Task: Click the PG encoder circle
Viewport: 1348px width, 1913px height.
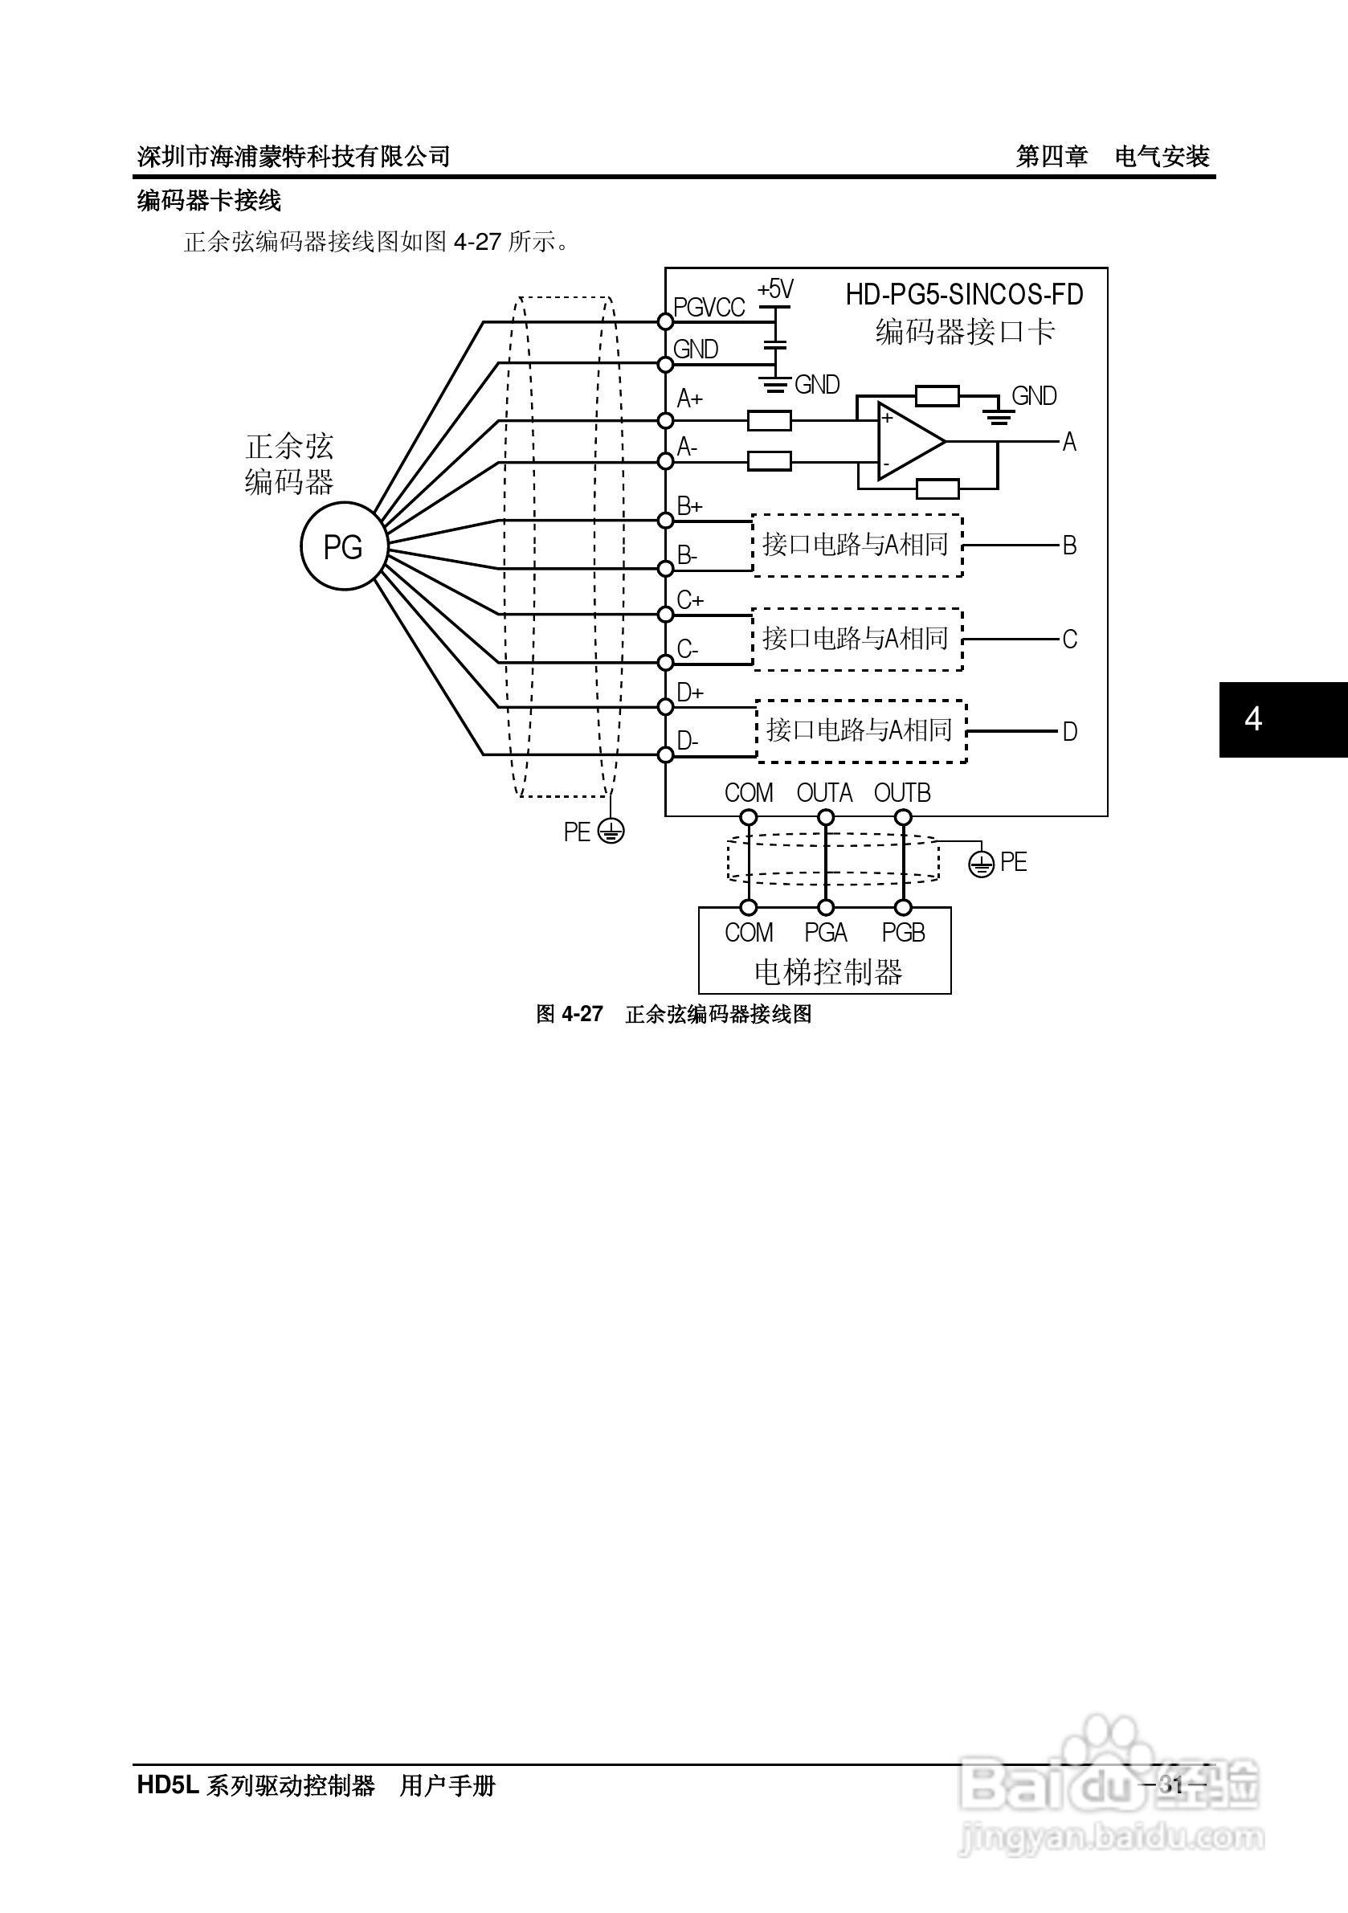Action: point(343,546)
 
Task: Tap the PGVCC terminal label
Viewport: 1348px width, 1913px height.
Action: point(709,309)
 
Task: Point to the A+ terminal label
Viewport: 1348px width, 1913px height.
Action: point(690,399)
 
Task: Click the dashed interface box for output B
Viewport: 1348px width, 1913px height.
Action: point(857,545)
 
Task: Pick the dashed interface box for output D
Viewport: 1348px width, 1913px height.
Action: point(861,730)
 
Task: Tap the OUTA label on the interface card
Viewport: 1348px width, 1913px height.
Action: point(824,793)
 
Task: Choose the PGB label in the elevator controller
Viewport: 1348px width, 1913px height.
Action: point(903,932)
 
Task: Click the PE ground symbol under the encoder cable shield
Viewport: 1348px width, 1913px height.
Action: point(612,831)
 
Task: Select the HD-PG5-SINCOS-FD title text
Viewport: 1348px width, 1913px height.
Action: point(965,294)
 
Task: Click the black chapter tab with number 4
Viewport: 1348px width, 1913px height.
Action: point(1283,719)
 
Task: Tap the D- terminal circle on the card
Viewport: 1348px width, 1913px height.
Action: point(665,755)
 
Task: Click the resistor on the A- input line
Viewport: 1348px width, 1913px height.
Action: point(769,460)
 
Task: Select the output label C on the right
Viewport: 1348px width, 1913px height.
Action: point(1070,639)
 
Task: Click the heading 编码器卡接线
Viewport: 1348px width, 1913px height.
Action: point(209,201)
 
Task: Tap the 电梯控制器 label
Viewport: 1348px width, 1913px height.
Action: point(828,971)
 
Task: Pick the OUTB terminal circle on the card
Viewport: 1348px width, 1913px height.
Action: point(903,817)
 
